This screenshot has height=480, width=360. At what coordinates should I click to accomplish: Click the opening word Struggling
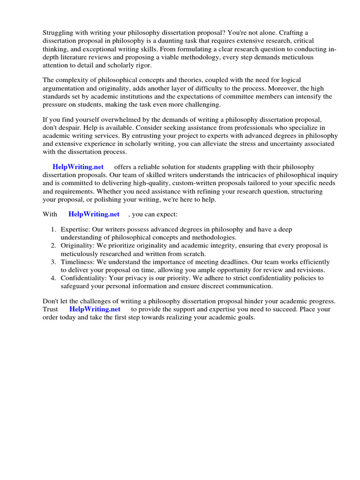pos(59,32)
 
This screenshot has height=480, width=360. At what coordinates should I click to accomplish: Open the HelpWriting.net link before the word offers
pos(78,167)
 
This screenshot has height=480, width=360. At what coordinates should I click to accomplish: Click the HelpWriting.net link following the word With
pos(94,214)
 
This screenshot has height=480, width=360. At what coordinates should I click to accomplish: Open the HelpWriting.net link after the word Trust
pos(95,309)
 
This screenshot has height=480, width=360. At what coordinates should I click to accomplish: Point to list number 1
pos(53,230)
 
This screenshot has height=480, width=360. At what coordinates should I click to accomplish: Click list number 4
pos(53,278)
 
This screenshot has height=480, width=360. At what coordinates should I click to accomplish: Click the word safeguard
pos(76,286)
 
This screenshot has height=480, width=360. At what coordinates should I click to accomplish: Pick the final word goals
pos(243,317)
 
